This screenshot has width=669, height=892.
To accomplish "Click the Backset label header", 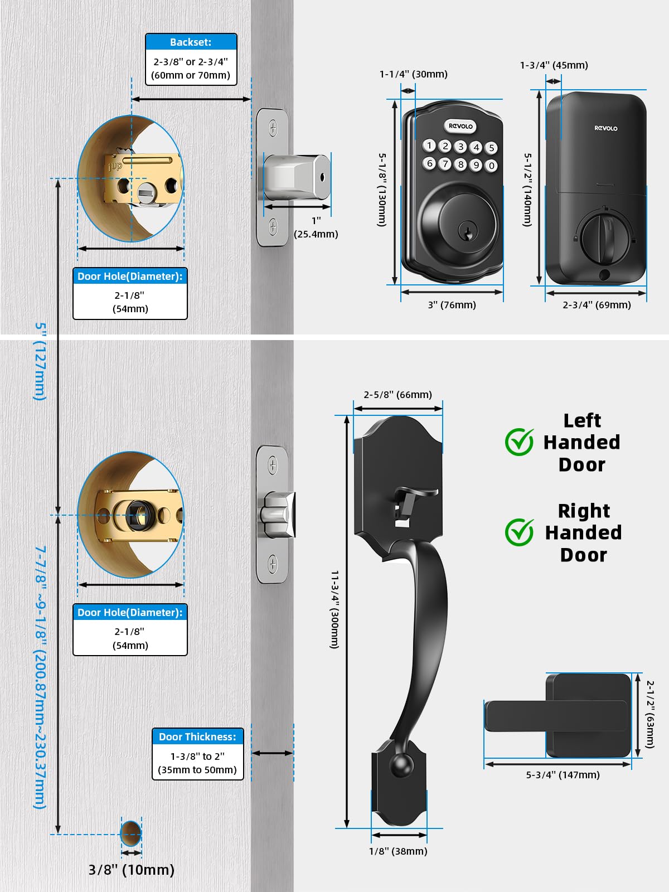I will point(191,42).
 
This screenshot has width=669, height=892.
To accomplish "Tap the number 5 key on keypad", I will point(491,148).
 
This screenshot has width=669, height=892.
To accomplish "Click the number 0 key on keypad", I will point(491,166).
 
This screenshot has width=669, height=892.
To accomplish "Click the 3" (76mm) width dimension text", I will point(452,305).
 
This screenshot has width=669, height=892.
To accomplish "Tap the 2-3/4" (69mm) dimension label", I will point(597,305).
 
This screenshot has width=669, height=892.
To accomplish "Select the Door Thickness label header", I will point(197,736).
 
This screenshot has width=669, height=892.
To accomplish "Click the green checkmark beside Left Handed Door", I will point(519,442).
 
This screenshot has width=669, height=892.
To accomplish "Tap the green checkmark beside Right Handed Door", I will point(519,532).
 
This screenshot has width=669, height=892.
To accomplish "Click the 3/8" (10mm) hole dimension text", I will point(132,870).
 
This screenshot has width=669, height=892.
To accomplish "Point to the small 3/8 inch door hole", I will point(130,833).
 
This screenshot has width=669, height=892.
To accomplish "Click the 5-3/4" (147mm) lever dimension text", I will point(563,775).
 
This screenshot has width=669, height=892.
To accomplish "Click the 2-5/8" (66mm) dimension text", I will point(397,395).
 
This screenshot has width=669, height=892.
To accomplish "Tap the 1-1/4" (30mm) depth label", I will point(413,74).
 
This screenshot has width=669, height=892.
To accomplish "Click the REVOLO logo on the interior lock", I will point(605,128).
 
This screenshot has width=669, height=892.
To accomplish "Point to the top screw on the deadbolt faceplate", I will point(273,128).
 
